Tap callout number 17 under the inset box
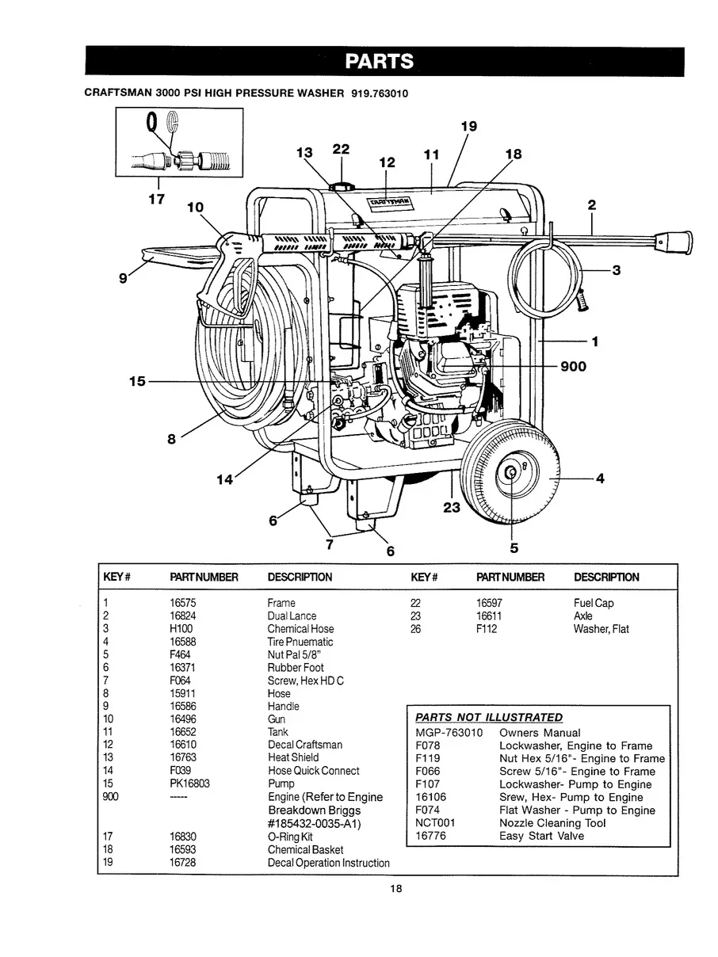point(156,199)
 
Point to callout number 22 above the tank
point(341,148)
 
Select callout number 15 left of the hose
point(138,381)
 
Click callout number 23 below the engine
point(452,508)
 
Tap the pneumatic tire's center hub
point(511,474)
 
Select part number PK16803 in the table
point(188,784)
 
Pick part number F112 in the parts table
point(487,629)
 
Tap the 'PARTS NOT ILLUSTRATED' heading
point(489,717)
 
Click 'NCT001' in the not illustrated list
point(434,823)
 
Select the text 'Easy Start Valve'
point(541,836)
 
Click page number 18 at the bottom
point(396,889)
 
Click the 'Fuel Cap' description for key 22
point(594,603)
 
